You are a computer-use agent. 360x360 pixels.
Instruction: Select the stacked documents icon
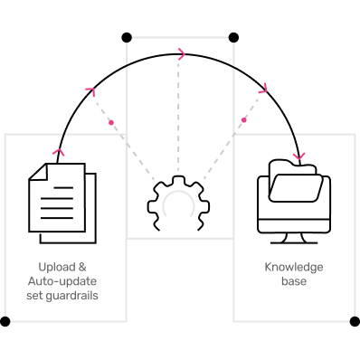click(x=62, y=204)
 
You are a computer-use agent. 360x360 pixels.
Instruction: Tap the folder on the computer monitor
click(x=296, y=181)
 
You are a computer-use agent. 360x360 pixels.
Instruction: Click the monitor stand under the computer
click(x=294, y=238)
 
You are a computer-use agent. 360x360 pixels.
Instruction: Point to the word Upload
click(x=57, y=268)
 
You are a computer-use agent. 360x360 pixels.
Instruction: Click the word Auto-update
click(x=62, y=281)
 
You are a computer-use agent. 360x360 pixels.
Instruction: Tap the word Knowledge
click(x=294, y=267)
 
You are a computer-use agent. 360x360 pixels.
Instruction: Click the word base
click(x=294, y=281)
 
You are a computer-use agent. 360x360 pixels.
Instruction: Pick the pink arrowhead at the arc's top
click(x=182, y=54)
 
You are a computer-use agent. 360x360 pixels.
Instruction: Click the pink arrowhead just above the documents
click(x=59, y=152)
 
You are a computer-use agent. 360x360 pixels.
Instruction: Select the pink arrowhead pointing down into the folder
click(x=299, y=156)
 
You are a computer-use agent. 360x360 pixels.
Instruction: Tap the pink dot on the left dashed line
click(x=111, y=122)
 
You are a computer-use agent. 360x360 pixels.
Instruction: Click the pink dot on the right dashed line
click(x=244, y=120)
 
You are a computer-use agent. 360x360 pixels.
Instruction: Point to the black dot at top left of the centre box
click(x=127, y=38)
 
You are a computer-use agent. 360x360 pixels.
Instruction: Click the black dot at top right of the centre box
click(x=233, y=38)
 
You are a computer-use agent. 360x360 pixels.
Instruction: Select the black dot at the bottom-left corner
click(x=5, y=321)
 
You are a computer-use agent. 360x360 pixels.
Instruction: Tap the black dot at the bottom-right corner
click(x=355, y=321)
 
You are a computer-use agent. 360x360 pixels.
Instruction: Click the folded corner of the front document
click(x=39, y=172)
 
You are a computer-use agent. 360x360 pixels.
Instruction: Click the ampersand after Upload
click(x=82, y=267)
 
